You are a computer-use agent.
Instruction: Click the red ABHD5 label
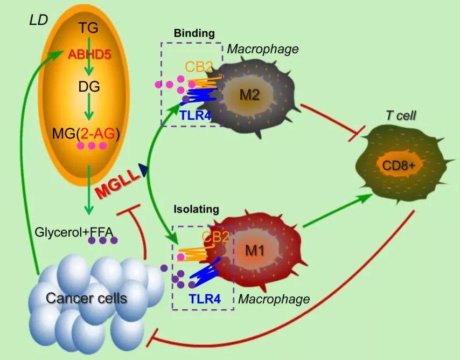pos(89,54)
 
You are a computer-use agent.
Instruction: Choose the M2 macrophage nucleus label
pos(249,95)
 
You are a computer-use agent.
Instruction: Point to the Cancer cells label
pos(86,297)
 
